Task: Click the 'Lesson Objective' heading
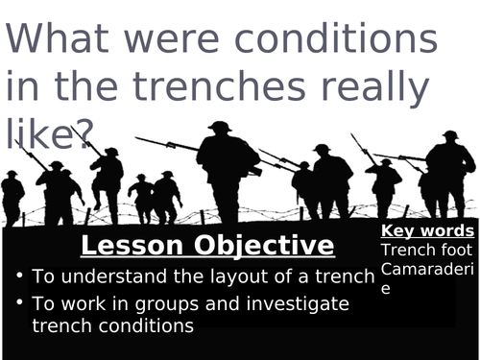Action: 207,245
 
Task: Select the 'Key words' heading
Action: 427,231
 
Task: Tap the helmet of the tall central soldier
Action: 221,127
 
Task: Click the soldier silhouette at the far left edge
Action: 12,197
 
